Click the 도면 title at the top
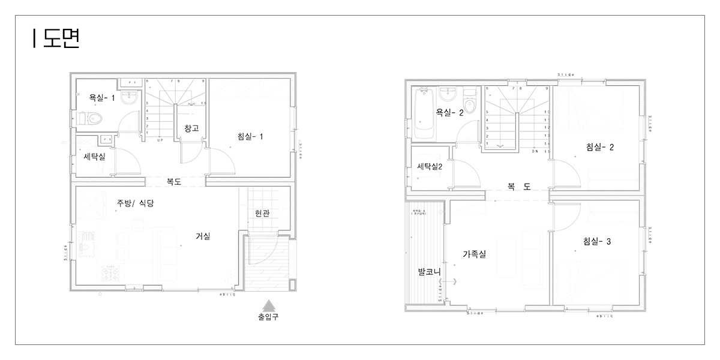click(x=57, y=38)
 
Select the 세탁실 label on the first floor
click(x=94, y=157)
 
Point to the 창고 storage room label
click(x=191, y=128)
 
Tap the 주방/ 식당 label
click(x=135, y=203)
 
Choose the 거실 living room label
click(x=203, y=236)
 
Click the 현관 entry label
click(x=262, y=213)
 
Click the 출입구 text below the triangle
click(x=268, y=317)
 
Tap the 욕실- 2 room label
click(x=449, y=112)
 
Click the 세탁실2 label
click(x=430, y=166)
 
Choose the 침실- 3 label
click(x=597, y=242)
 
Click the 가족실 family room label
click(x=474, y=254)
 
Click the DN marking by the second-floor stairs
click(x=535, y=152)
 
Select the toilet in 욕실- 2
click(x=470, y=106)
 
